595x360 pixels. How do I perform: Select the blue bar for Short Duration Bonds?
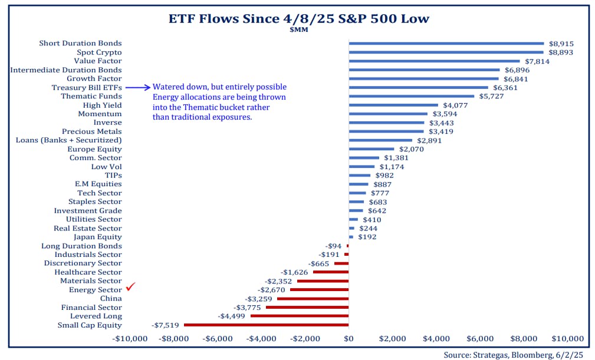pos(446,43)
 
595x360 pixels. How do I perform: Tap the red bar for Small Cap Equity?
pos(266,325)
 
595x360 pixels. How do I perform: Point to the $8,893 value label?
pos(561,52)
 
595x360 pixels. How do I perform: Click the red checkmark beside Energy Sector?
pos(131,288)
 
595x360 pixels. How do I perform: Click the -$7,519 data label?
pos(166,325)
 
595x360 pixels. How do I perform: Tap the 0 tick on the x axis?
pos(349,339)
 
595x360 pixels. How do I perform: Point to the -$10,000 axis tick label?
pos(130,339)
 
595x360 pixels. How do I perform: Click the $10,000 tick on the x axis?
pos(567,339)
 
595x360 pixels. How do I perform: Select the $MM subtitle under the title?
pos(297,30)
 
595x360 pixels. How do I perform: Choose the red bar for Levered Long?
pos(300,316)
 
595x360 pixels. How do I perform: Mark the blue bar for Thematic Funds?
pos(411,96)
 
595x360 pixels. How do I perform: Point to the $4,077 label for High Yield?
pos(455,105)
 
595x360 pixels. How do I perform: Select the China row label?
pos(111,298)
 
